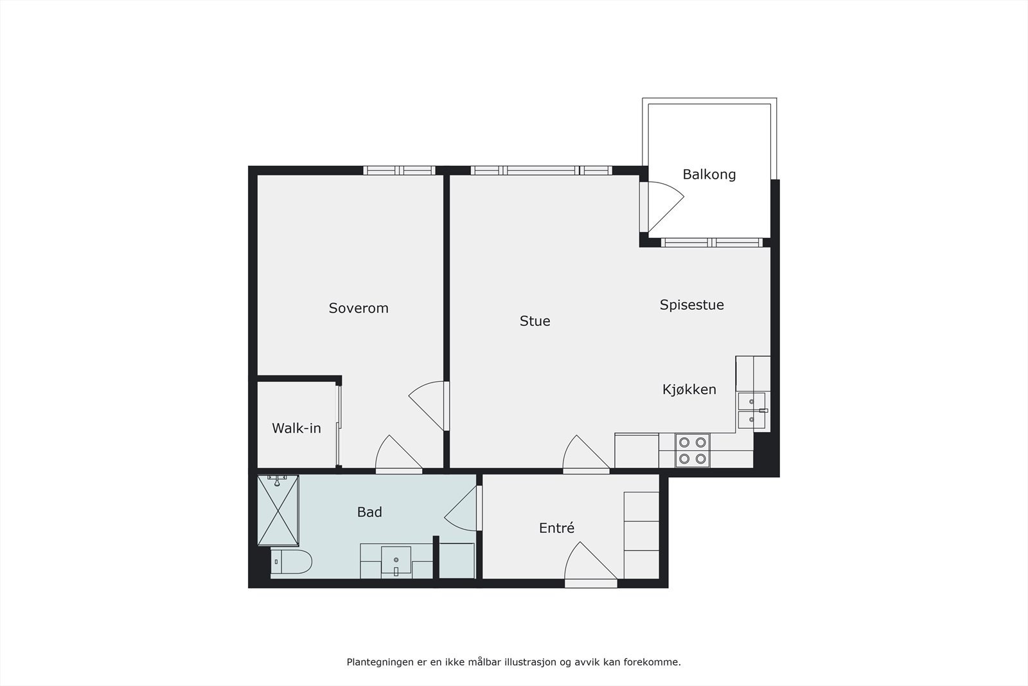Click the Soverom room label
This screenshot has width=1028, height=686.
(359, 308)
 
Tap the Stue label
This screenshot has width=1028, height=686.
(535, 321)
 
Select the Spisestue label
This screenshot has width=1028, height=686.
(691, 305)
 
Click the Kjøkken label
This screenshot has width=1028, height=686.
(689, 389)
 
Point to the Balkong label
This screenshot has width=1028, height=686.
(709, 174)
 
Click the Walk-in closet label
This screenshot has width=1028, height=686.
(296, 428)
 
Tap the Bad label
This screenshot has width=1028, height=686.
(369, 512)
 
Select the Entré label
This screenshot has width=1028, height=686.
(556, 528)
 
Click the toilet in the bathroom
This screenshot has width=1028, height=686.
(292, 562)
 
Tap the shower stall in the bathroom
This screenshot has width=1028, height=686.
(278, 510)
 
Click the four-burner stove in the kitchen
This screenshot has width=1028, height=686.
(693, 450)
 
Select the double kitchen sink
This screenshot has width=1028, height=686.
(751, 411)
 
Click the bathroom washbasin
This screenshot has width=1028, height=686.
(396, 561)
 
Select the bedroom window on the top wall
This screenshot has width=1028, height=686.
(400, 170)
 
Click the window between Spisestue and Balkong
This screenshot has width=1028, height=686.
(711, 242)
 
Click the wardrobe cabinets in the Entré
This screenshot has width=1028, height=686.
(641, 535)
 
